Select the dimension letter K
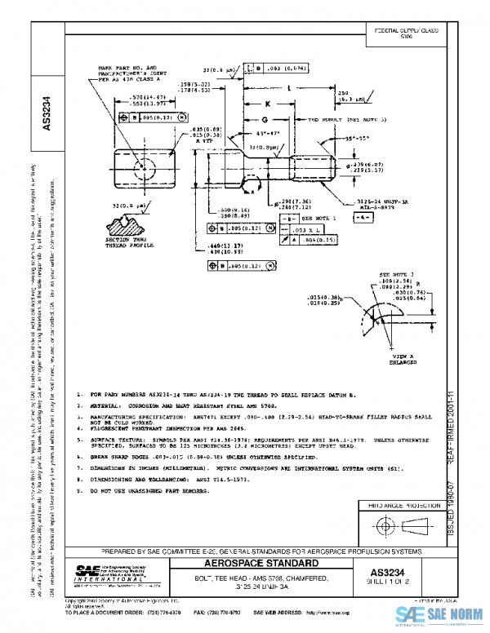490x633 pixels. pyautogui.click(x=267, y=104)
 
